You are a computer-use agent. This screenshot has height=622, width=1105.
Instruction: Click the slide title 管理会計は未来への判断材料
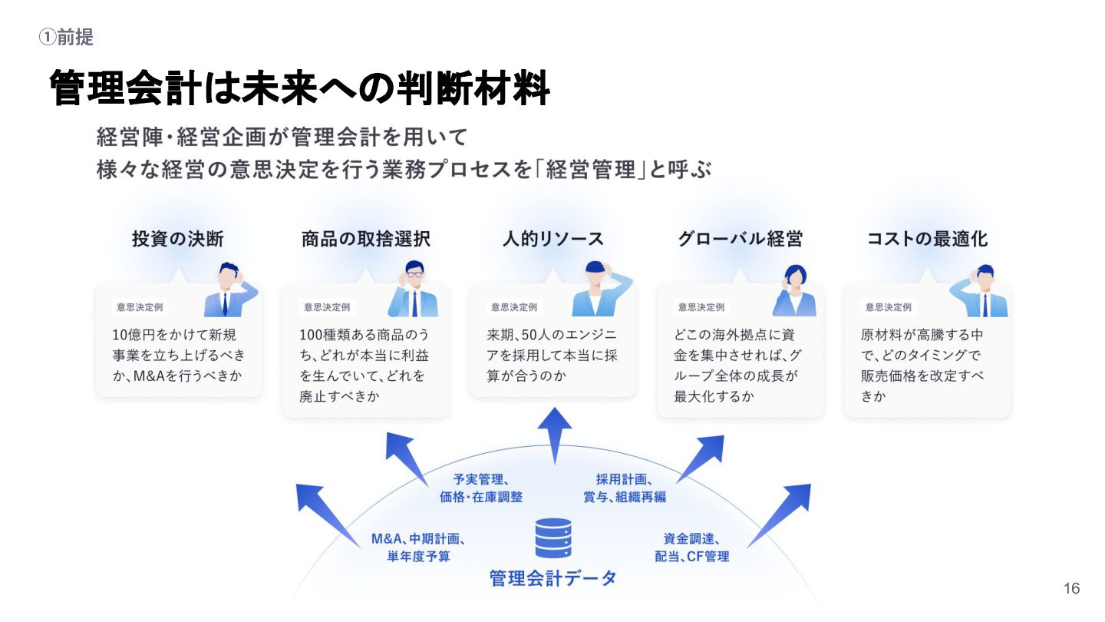[x=299, y=89]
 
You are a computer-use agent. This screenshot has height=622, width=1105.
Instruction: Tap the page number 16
[x=1071, y=589]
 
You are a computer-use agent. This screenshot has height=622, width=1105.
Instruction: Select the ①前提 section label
[x=66, y=37]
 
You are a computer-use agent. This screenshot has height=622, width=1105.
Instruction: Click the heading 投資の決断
[x=178, y=239]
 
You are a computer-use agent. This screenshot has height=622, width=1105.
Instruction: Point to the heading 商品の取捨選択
[x=366, y=239]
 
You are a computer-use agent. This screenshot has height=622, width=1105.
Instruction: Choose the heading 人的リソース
[x=552, y=239]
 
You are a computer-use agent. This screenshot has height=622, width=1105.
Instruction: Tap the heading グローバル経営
[x=740, y=239]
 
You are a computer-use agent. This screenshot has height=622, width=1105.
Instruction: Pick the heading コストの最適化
[x=927, y=239]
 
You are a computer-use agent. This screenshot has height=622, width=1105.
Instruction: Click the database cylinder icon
[x=552, y=538]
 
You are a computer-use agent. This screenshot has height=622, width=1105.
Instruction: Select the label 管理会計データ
[x=552, y=578]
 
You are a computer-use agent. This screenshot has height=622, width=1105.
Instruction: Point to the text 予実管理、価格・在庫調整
[x=481, y=488]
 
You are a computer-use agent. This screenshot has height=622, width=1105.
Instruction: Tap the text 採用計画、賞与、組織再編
[x=625, y=488]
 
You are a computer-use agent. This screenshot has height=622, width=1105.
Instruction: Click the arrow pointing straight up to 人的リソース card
[x=554, y=434]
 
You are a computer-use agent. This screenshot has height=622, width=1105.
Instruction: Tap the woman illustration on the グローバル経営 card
[x=793, y=291]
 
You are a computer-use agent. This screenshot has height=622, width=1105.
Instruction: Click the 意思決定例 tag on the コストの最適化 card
[x=888, y=307]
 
